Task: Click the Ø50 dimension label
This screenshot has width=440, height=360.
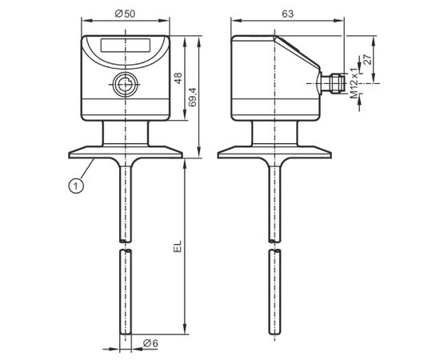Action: tap(125, 14)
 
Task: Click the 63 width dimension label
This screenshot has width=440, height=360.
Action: tap(288, 14)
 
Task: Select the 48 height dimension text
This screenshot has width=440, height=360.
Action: tap(178, 78)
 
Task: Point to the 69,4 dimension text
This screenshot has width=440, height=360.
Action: tap(193, 97)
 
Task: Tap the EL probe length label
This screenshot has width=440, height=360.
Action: tap(178, 246)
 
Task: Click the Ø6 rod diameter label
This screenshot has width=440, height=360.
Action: tap(150, 343)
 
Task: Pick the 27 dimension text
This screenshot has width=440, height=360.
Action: tap(367, 60)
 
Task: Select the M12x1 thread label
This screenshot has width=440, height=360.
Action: tap(354, 84)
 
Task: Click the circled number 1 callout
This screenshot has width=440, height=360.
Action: tap(76, 186)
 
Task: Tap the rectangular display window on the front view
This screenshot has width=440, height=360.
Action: tap(126, 45)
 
